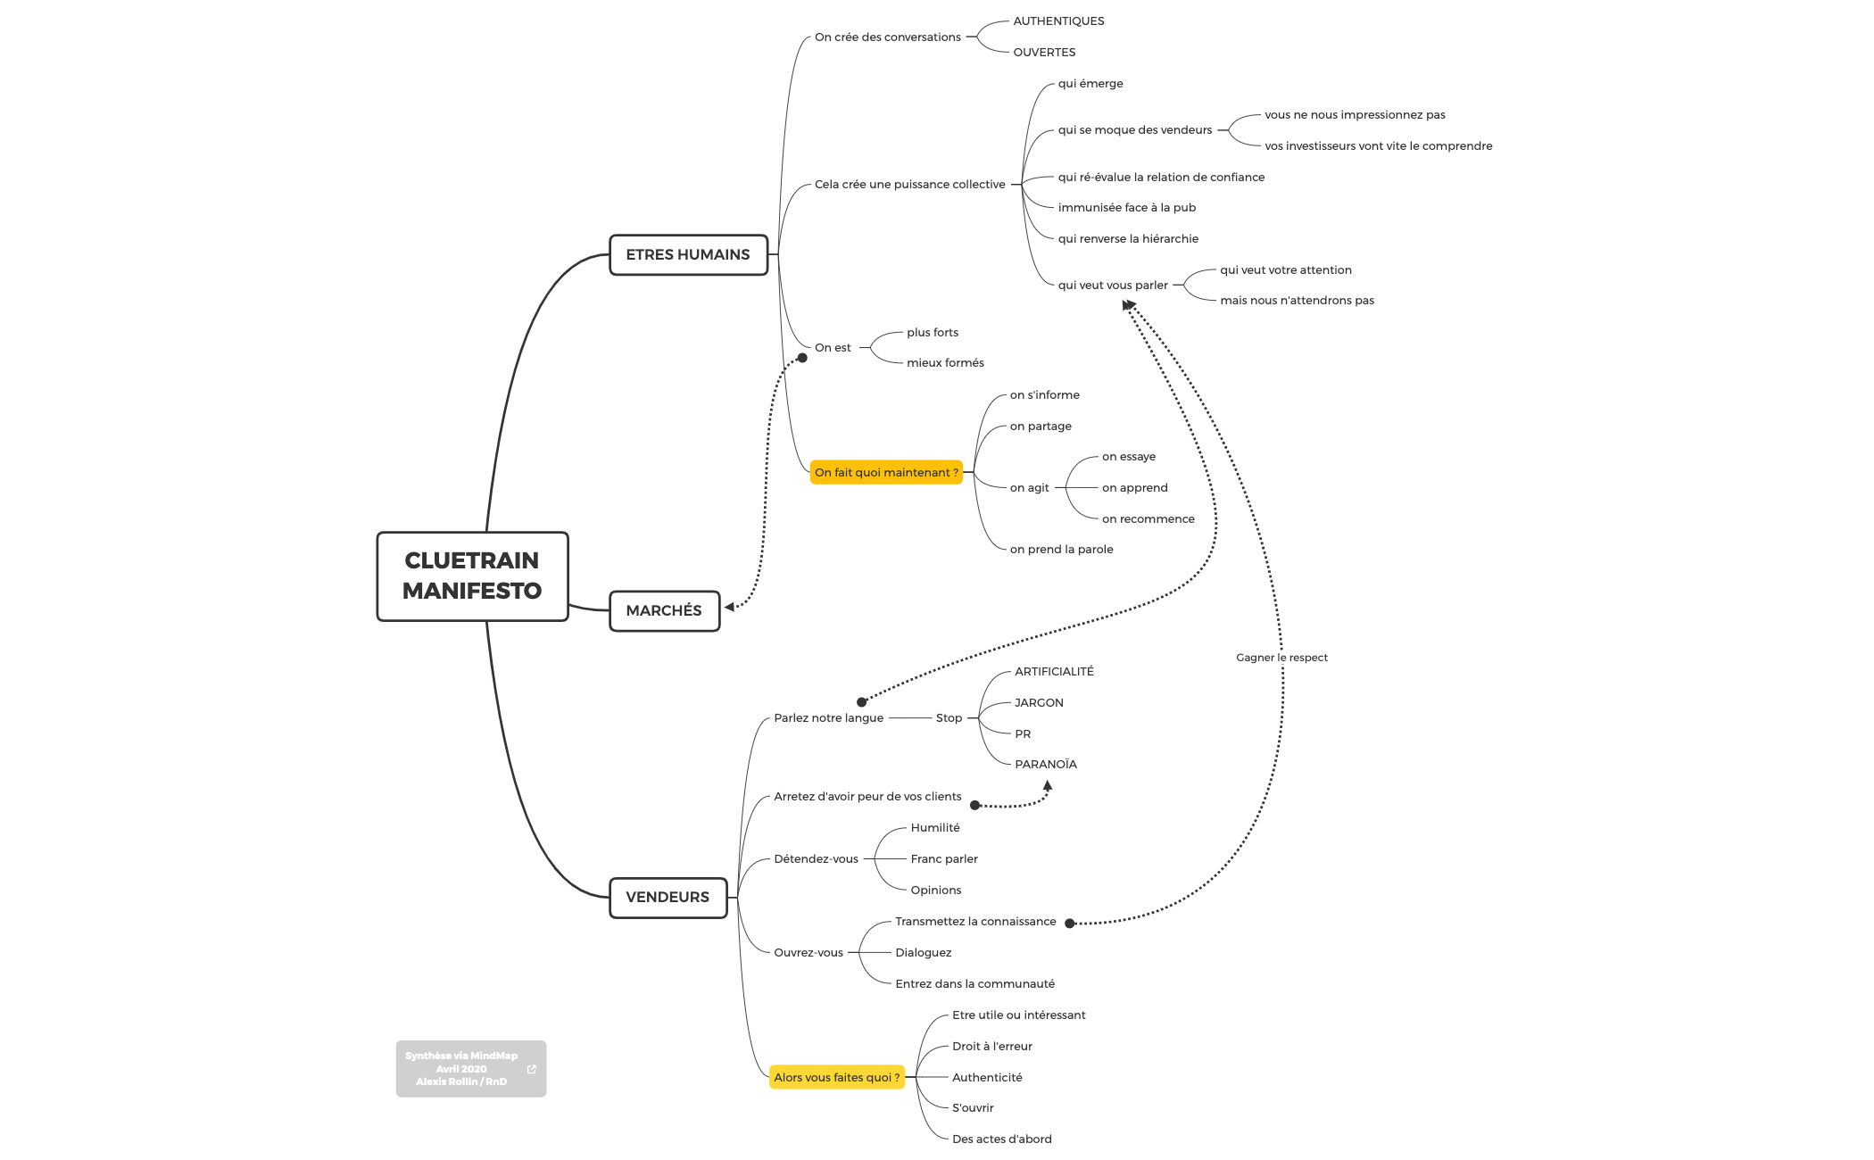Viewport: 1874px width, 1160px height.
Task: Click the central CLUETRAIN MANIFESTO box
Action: (472, 576)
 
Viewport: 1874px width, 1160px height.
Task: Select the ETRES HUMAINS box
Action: (688, 255)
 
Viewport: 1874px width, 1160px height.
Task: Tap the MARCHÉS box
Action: (664, 611)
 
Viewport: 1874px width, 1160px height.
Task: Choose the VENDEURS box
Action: (668, 898)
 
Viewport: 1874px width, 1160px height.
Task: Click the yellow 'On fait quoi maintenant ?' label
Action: (886, 473)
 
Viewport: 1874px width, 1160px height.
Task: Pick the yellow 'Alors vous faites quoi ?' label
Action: (837, 1078)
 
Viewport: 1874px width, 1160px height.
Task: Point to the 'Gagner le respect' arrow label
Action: (1281, 658)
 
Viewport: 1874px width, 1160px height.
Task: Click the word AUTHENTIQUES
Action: (1058, 21)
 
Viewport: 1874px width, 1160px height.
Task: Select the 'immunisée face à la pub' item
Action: (1126, 208)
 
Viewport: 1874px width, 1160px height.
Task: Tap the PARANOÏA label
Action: (1046, 765)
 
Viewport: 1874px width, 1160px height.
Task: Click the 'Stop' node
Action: (949, 718)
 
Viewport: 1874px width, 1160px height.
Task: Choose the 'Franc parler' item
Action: (944, 859)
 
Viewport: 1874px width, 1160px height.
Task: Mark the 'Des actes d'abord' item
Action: (1001, 1139)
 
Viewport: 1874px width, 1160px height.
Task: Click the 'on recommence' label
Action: (1148, 519)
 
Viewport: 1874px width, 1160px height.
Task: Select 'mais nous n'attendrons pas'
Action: (1297, 301)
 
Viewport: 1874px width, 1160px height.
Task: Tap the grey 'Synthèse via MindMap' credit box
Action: (461, 1069)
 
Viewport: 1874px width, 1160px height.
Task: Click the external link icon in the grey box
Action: (532, 1069)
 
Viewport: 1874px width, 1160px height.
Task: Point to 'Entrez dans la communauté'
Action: (974, 984)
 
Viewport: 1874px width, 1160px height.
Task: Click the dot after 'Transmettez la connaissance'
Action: (1070, 924)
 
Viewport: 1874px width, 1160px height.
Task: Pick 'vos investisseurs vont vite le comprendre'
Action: (1378, 146)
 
